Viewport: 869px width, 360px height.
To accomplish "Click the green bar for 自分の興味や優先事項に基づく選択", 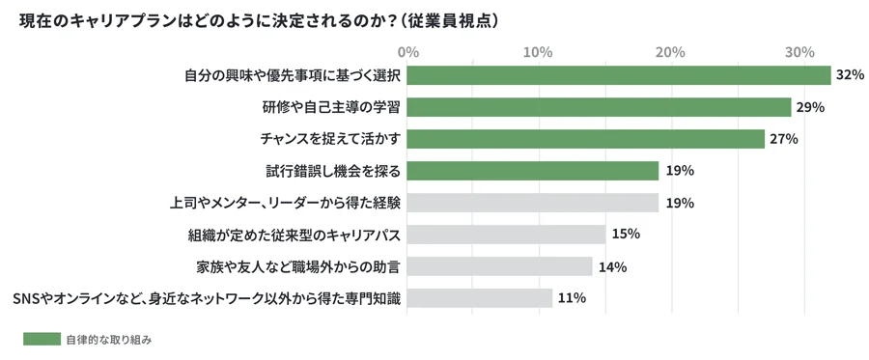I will (x=619, y=75).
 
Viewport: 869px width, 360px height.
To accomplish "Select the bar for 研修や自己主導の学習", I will (x=600, y=107).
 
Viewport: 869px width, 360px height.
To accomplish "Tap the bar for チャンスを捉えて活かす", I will (x=586, y=139).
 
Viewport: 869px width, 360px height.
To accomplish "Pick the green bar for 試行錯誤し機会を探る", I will (x=533, y=171).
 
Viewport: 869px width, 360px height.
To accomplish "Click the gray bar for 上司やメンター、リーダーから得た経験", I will (x=533, y=203).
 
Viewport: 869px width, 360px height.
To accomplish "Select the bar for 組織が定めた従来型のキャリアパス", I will (x=507, y=235).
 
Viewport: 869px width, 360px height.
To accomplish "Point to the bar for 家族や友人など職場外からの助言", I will (x=500, y=266).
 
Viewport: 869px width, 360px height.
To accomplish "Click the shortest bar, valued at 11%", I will (x=480, y=298).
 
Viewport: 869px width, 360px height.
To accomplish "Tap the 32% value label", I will (x=850, y=75).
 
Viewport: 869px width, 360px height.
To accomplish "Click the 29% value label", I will (x=810, y=107).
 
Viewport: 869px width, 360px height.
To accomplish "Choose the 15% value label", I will (x=626, y=235).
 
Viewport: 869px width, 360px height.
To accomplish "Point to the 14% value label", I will (x=612, y=266).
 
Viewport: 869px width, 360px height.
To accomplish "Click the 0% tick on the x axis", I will (x=407, y=50).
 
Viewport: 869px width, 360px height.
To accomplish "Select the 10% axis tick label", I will (x=537, y=50).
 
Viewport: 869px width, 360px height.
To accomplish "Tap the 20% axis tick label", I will (x=668, y=50).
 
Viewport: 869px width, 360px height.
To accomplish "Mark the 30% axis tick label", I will (x=799, y=50).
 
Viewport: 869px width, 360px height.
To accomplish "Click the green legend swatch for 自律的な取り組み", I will (x=42, y=339).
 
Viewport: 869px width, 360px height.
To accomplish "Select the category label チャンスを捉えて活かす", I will (x=330, y=139).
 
